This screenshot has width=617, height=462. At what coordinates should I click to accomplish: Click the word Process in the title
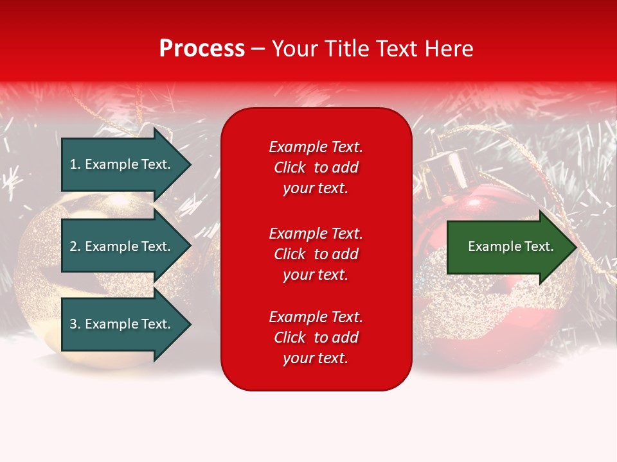[202, 49]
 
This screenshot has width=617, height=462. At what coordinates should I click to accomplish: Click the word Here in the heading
[449, 49]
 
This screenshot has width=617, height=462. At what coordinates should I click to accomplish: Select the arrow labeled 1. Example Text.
[127, 164]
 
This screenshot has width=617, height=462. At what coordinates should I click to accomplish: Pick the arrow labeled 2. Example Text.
[127, 246]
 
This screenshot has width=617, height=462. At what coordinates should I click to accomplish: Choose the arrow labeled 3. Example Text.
[127, 323]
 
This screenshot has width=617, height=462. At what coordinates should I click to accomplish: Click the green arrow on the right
[512, 247]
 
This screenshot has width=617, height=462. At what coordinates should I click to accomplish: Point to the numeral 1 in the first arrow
[73, 164]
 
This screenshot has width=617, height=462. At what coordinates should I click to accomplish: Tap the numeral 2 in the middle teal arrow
[73, 246]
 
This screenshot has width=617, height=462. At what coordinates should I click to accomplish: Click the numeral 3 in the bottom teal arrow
[73, 323]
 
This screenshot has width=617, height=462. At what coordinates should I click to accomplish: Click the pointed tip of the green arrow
[577, 247]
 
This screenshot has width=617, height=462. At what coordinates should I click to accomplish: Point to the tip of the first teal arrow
[191, 164]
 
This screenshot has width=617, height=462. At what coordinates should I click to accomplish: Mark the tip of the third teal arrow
[191, 324]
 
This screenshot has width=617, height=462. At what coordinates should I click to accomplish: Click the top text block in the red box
[316, 167]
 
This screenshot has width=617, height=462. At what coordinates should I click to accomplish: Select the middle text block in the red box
[316, 254]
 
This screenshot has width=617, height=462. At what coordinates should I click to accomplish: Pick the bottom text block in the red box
[316, 338]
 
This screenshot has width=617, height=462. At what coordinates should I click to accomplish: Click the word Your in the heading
[295, 49]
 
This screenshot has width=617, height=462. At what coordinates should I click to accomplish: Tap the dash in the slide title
[258, 50]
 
